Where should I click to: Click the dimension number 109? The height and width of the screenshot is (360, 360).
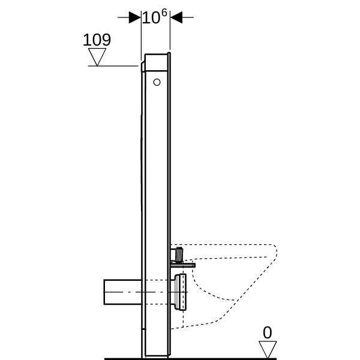click(97, 40)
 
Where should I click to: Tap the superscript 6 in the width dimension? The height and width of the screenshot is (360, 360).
click(164, 13)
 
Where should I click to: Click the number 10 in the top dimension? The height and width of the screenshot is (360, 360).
click(151, 18)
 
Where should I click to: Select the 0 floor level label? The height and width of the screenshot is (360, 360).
click(267, 332)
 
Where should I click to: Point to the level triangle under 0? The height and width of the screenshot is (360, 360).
click(268, 349)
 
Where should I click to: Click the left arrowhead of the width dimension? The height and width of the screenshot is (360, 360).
click(135, 17)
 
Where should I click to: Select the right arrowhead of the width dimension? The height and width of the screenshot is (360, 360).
click(176, 17)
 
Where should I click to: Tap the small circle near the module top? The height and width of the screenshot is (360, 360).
click(157, 82)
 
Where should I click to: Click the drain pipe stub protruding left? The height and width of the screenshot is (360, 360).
click(123, 292)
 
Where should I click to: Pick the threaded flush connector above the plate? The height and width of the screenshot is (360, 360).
click(179, 255)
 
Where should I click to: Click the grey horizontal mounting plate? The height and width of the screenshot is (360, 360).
click(183, 265)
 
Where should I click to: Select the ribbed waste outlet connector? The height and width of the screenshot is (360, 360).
click(180, 292)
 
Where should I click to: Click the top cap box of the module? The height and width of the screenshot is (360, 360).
click(156, 62)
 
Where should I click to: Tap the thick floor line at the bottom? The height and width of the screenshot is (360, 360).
click(191, 359)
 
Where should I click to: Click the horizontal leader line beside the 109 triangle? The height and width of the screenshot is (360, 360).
click(113, 66)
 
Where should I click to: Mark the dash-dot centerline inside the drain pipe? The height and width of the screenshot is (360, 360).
click(146, 292)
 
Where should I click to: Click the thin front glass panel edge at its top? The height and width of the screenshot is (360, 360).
click(169, 54)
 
